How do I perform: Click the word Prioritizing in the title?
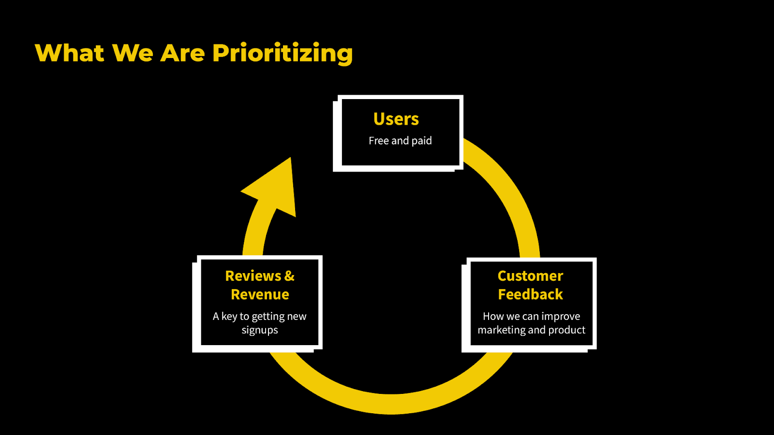click(283, 53)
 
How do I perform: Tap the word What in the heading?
click(70, 53)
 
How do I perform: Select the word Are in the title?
click(182, 53)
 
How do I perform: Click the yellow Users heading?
click(396, 119)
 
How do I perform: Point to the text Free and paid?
click(400, 141)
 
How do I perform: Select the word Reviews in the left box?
click(253, 276)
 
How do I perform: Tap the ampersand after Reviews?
click(289, 276)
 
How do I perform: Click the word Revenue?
click(260, 294)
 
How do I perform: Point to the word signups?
click(260, 331)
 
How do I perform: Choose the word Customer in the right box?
click(530, 276)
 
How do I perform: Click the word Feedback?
click(530, 294)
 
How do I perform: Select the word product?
click(566, 330)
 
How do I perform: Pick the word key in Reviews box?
click(229, 317)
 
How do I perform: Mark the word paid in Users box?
click(421, 141)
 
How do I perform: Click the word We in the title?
click(133, 53)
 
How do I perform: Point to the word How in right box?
click(493, 317)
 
